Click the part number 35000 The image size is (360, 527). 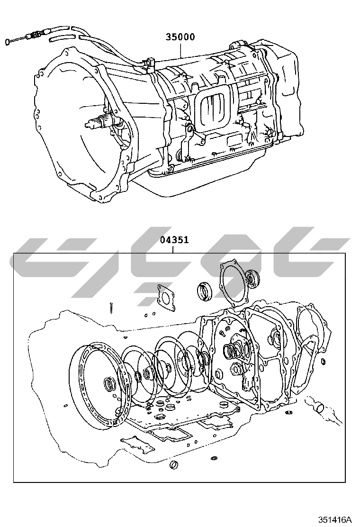[180, 37]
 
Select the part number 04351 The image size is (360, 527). [174, 240]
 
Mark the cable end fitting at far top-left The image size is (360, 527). [8, 42]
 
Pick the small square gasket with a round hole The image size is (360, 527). [166, 297]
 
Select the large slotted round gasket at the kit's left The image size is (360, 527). [100, 387]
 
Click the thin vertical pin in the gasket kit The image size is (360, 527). [110, 308]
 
